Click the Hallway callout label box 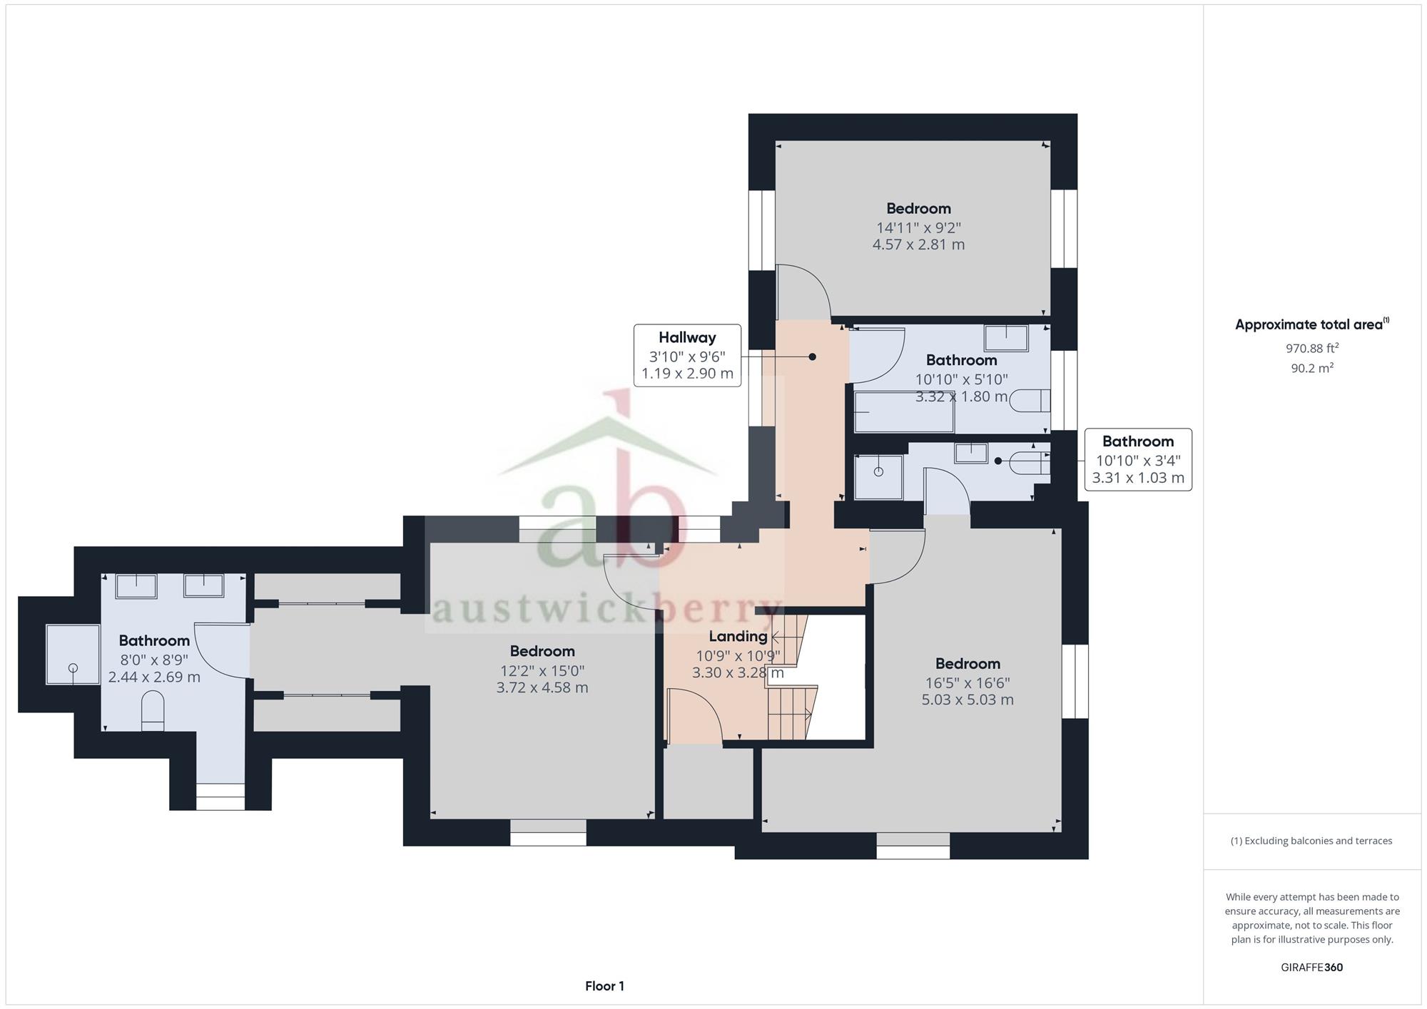point(687,355)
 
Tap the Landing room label point(738,636)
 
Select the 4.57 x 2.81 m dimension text point(918,245)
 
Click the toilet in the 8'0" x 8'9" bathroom point(153,710)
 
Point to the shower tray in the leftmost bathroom point(73,654)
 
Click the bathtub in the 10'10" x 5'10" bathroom point(904,411)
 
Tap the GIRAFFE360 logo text point(1312,968)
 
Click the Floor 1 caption point(604,986)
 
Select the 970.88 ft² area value point(1312,348)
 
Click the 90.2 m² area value point(1312,368)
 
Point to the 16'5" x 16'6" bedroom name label point(968,664)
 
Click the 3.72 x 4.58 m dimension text point(542,688)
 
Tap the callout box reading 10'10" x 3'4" point(1138,460)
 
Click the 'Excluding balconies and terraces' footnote point(1311,841)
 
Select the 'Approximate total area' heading point(1312,324)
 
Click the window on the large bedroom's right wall point(1075,681)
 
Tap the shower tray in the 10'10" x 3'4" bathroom point(878,476)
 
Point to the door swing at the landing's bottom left point(694,715)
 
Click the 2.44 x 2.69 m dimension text point(154,677)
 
